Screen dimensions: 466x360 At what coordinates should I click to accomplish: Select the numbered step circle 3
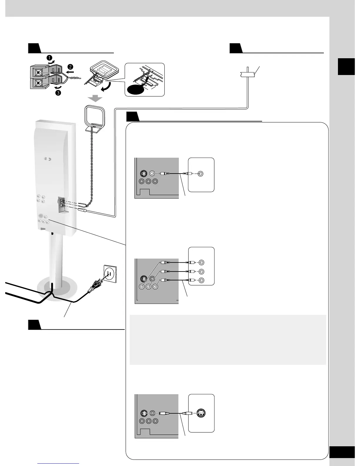tap(59, 93)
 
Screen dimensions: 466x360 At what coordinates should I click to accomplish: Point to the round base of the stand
tap(56, 290)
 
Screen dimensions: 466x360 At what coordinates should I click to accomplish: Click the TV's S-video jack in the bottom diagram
tap(201, 413)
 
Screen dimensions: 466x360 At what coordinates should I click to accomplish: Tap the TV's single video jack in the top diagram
tap(201, 174)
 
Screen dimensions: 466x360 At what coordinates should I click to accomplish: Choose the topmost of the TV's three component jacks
tap(201, 262)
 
